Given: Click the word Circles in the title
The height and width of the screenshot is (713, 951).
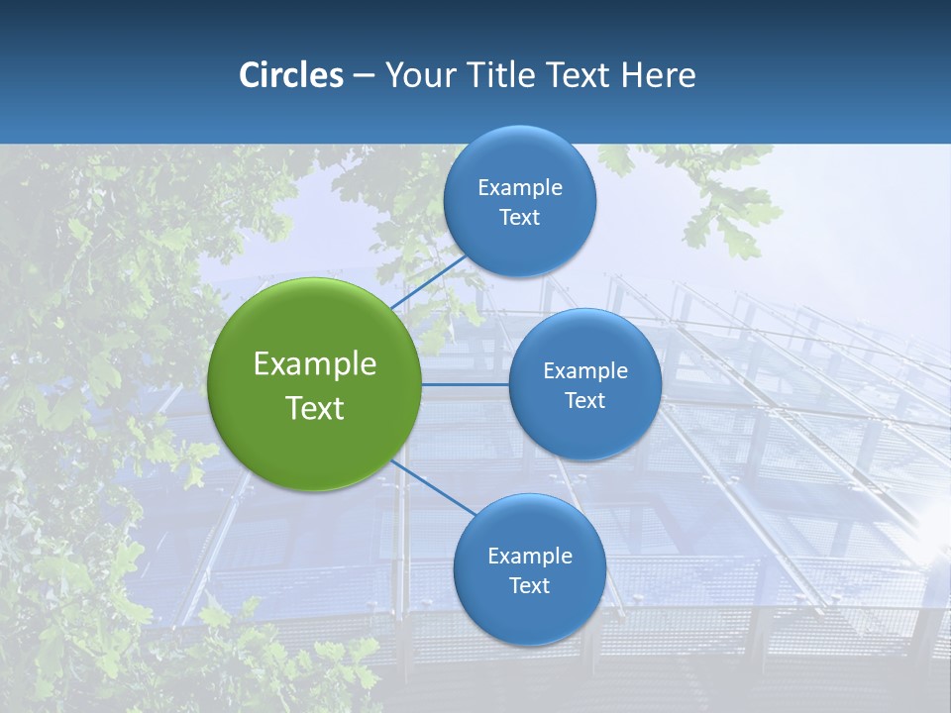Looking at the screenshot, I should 291,75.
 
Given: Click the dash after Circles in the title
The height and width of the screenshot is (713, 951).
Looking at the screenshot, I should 364,76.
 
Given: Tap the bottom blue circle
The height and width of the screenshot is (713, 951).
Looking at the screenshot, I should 529,610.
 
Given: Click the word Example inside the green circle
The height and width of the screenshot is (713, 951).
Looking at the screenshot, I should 315,364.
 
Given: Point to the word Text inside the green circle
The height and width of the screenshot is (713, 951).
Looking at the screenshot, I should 315,408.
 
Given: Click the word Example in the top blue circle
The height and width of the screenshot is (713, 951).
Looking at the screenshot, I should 520,188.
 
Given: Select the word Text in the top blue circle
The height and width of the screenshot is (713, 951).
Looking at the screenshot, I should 519,218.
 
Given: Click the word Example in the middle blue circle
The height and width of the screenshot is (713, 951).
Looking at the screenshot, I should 585,371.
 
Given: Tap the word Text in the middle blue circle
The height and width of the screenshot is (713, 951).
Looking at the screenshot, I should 584,400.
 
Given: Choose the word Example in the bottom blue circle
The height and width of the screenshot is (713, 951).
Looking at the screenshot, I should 530,556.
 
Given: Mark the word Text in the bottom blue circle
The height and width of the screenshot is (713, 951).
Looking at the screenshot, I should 529,585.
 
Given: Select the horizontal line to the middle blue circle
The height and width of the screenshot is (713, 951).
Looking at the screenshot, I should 466,384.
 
